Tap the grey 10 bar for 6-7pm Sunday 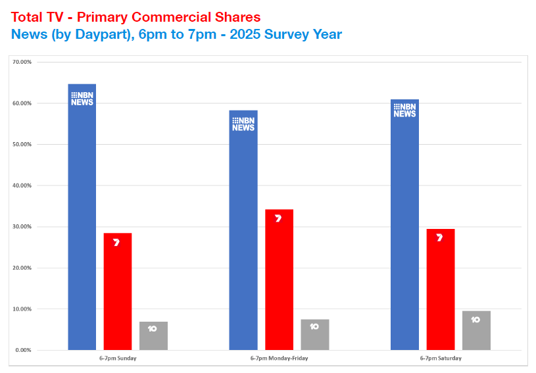click(153, 336)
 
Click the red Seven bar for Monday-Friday click(279, 280)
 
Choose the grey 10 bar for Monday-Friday click(314, 335)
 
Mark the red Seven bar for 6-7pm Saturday click(440, 289)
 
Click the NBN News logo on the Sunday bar click(82, 99)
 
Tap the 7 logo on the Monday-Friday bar click(278, 218)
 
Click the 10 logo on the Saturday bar click(475, 320)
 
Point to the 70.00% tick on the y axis click(23, 62)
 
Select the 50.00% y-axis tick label click(23, 144)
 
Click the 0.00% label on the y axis click(24, 350)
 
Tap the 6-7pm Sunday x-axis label click(118, 359)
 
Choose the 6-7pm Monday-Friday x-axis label click(279, 359)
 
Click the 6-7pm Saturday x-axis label click(440, 359)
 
